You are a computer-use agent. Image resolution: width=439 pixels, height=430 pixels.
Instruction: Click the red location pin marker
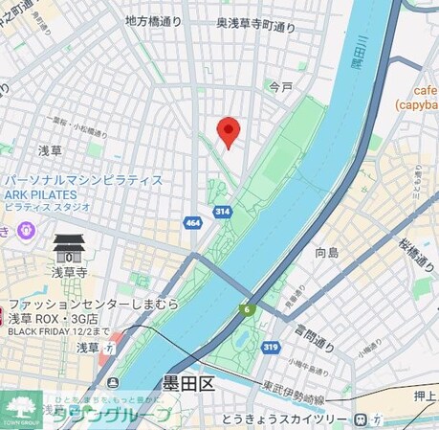[x=228, y=131]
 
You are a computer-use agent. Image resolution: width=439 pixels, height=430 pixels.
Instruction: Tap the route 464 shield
[x=194, y=223]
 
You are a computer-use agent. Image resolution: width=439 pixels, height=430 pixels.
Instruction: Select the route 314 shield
[x=221, y=210]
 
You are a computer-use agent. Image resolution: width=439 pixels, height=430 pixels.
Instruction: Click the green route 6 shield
[x=247, y=308]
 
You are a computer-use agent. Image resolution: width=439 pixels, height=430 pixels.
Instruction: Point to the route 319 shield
[x=273, y=346]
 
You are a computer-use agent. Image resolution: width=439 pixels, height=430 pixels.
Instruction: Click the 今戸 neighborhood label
[x=280, y=86]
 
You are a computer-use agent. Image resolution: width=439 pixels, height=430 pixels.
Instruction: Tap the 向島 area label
[x=327, y=253]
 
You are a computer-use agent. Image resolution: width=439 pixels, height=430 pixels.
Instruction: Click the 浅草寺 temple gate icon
[x=68, y=249]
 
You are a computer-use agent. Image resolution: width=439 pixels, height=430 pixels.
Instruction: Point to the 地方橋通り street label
[x=153, y=19]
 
